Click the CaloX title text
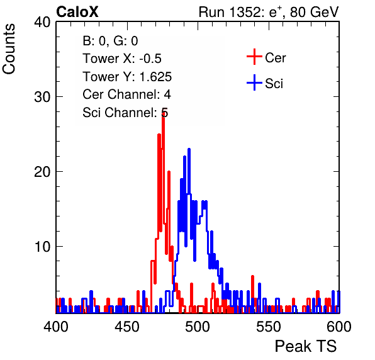(x=77, y=12)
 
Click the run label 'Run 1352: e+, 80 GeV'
(x=269, y=12)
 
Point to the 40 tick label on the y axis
(x=42, y=22)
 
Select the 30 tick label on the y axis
(x=42, y=97)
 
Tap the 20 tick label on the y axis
(x=42, y=172)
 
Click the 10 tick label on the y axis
(x=42, y=247)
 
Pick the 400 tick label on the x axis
(x=56, y=327)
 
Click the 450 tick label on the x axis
(x=126, y=327)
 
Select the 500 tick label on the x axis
(x=198, y=327)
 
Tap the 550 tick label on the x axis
(x=268, y=327)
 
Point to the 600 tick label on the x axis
(x=339, y=327)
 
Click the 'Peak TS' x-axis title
(x=306, y=346)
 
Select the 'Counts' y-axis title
(x=9, y=49)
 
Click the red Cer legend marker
(x=254, y=57)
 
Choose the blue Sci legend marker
(x=254, y=82)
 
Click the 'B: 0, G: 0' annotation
(x=110, y=41)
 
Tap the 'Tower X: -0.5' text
(x=122, y=59)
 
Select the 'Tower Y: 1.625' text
(x=127, y=77)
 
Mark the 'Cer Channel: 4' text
(x=126, y=94)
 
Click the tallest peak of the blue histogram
(x=189, y=149)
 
